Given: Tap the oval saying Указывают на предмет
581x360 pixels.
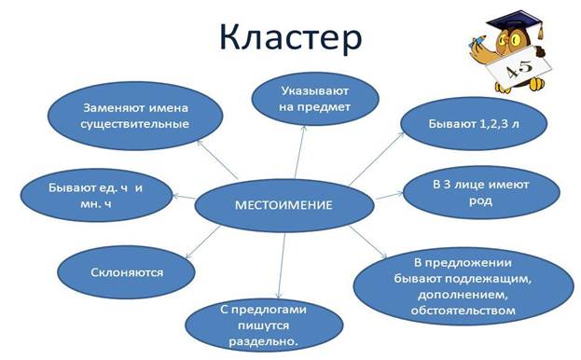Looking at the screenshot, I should pyautogui.click(x=315, y=100).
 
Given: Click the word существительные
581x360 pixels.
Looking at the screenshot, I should pyautogui.click(x=135, y=124).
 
